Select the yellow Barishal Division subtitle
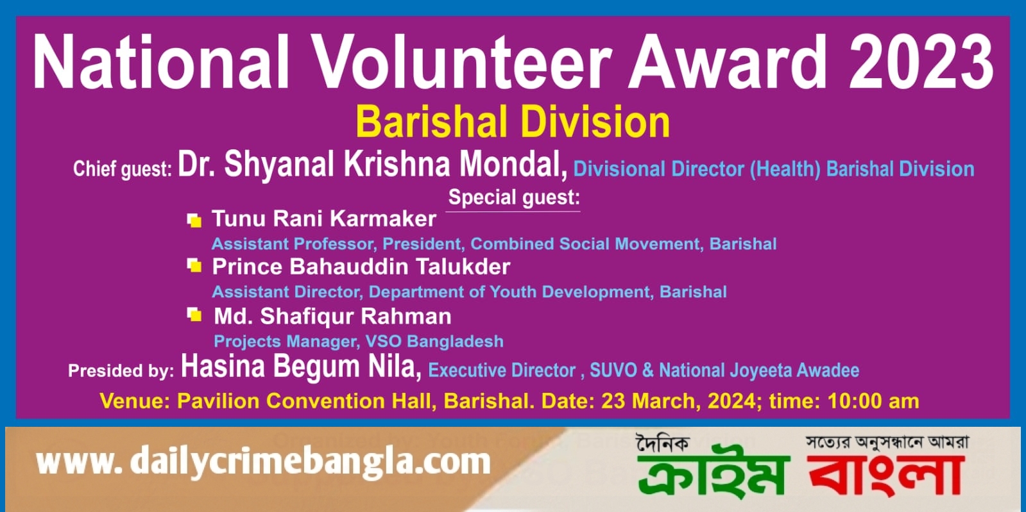pyautogui.click(x=513, y=122)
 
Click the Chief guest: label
pyautogui.click(x=123, y=169)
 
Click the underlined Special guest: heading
pyautogui.click(x=514, y=197)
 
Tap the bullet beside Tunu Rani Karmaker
pyautogui.click(x=194, y=220)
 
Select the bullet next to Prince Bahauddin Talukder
pyautogui.click(x=194, y=265)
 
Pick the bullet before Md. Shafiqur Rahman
pyautogui.click(x=194, y=315)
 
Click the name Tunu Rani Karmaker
pyautogui.click(x=323, y=219)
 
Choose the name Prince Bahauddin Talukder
pyautogui.click(x=361, y=267)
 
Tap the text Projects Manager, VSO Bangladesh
pyautogui.click(x=359, y=342)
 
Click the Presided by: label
pyautogui.click(x=121, y=370)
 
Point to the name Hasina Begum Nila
pyautogui.click(x=301, y=367)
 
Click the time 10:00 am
pyautogui.click(x=873, y=401)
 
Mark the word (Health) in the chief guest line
pyautogui.click(x=785, y=169)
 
